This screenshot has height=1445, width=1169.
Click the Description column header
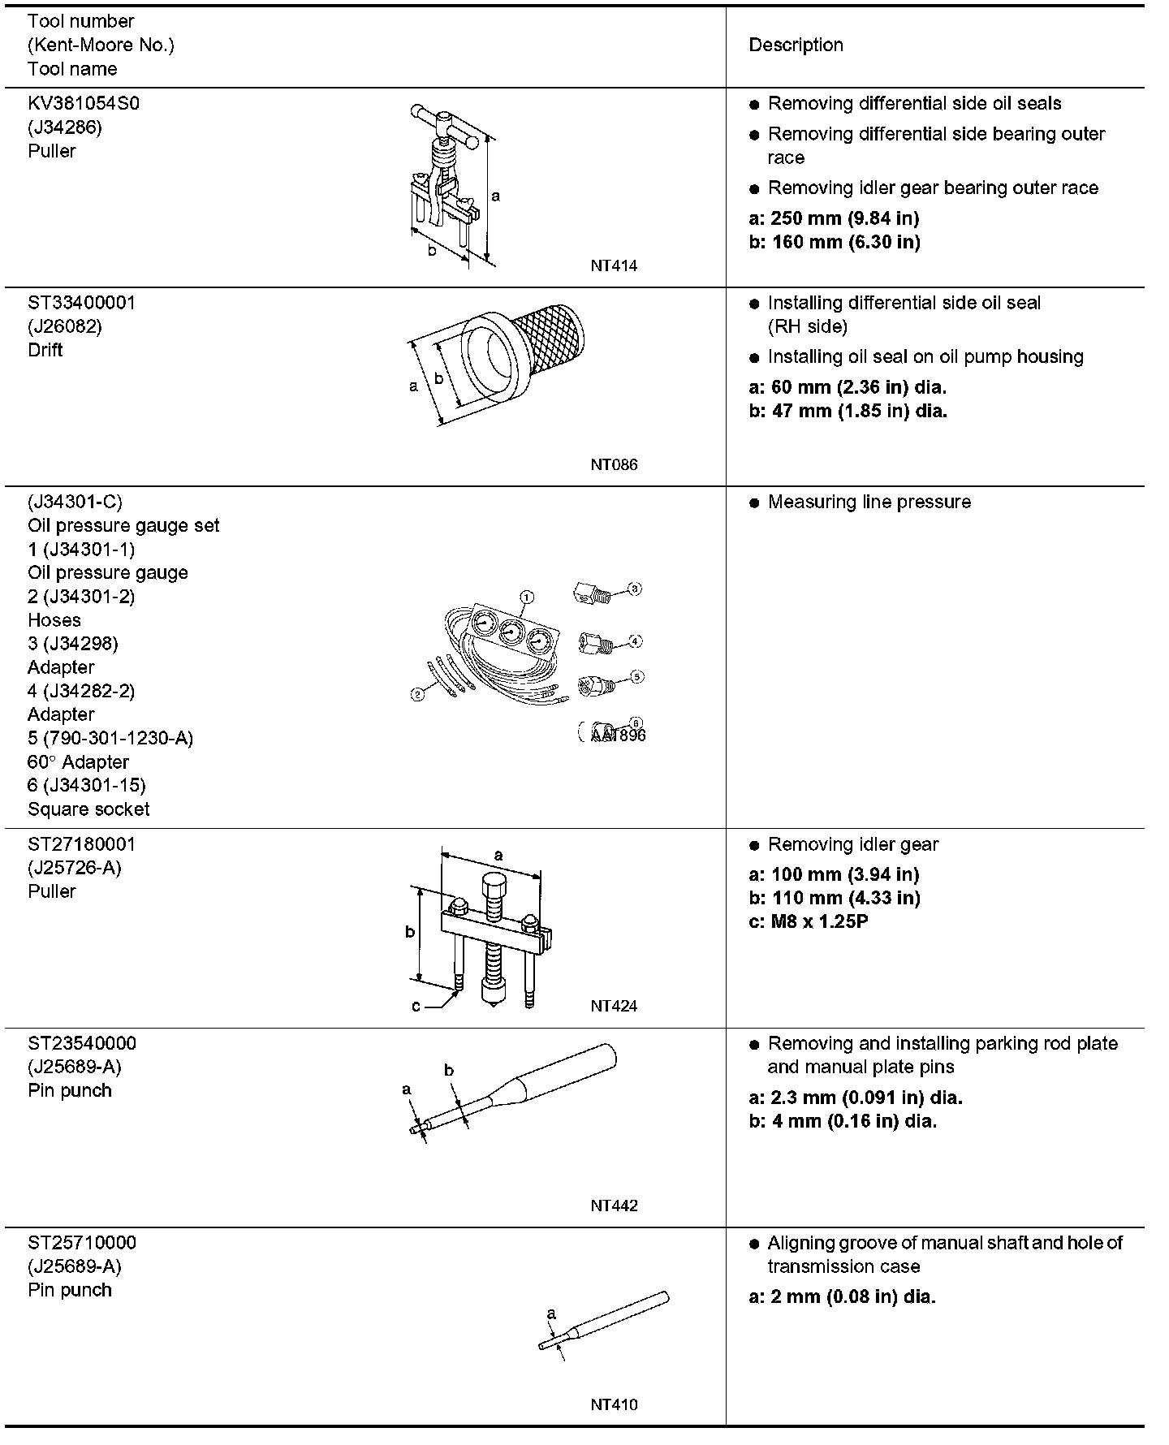point(796,45)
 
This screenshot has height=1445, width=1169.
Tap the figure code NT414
point(614,265)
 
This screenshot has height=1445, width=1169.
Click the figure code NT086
point(614,465)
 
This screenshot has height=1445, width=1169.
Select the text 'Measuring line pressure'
point(869,503)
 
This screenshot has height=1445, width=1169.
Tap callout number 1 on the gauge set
point(526,597)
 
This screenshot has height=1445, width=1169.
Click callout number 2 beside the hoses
point(417,694)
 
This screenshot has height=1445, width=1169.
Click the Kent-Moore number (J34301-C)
point(75,503)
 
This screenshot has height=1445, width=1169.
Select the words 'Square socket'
point(88,809)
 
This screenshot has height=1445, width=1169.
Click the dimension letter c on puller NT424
point(416,1007)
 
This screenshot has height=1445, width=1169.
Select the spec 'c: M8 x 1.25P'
point(808,922)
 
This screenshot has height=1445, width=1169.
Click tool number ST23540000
point(82,1043)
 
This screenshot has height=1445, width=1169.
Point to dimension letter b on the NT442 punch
point(449,1071)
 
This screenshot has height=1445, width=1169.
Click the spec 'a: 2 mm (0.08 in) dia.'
point(842,1297)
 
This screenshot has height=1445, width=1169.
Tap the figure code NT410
point(614,1405)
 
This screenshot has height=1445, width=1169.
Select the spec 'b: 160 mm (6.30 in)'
point(834,242)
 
